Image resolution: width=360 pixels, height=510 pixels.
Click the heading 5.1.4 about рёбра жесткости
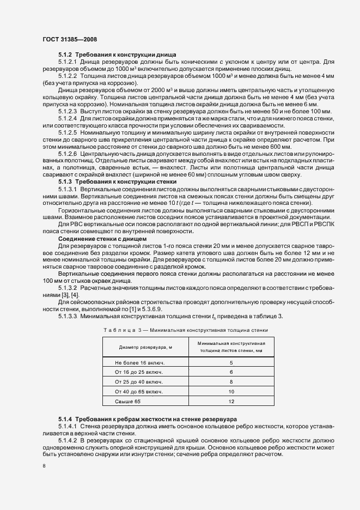pos(147,419)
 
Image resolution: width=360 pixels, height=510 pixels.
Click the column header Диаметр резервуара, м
pos(143,347)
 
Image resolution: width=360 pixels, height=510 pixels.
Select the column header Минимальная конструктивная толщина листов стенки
pos(231,347)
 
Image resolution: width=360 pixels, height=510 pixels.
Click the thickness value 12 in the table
pos(231,402)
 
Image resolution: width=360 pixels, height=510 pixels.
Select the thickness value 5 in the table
pos(231,362)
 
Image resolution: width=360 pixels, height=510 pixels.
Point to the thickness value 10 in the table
pos(231,392)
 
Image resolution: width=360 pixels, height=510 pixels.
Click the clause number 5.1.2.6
pos(68,154)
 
